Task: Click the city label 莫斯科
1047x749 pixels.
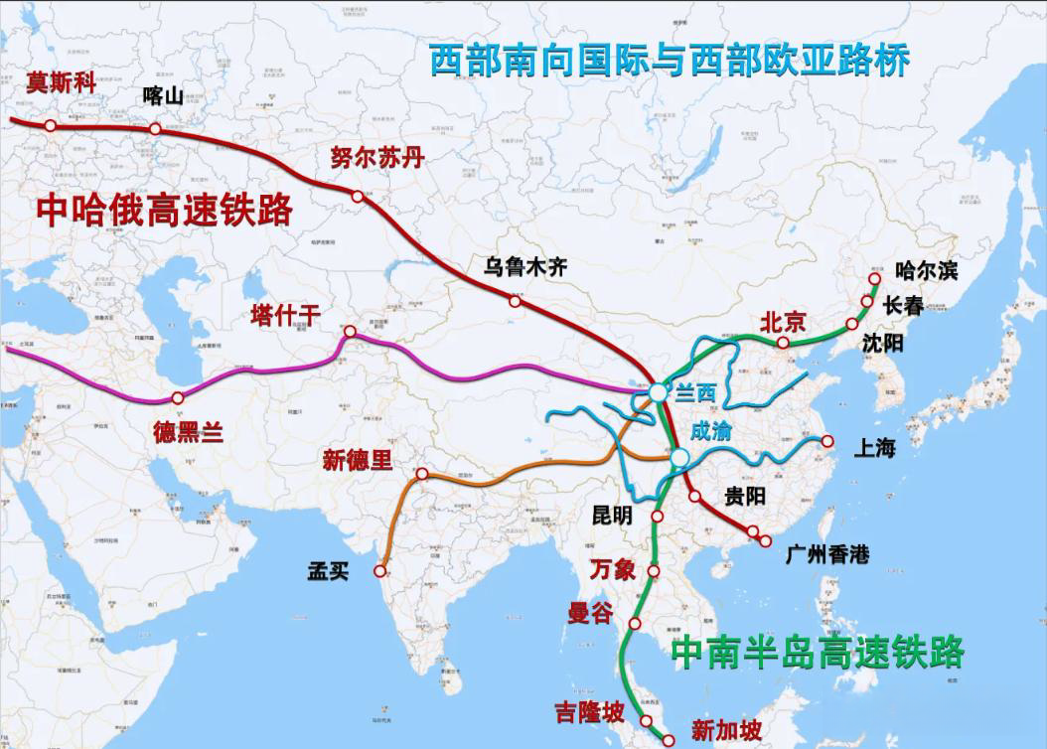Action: click(61, 83)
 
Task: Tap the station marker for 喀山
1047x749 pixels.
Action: click(155, 129)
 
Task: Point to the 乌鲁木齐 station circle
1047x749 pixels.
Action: click(515, 301)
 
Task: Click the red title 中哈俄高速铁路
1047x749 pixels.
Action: click(165, 210)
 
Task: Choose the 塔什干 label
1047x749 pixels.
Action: click(285, 316)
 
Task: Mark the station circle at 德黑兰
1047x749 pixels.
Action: click(177, 398)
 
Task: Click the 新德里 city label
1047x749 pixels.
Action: click(358, 460)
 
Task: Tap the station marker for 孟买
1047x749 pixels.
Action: click(379, 571)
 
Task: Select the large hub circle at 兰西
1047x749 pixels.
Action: click(659, 394)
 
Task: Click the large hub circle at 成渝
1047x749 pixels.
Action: click(678, 457)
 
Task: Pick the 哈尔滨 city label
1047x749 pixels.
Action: click(926, 269)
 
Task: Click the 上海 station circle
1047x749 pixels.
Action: click(825, 440)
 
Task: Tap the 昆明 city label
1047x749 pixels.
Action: click(611, 516)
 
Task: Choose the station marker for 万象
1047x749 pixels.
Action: click(655, 571)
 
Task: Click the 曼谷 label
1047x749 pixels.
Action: click(590, 613)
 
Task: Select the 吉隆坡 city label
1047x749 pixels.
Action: click(590, 712)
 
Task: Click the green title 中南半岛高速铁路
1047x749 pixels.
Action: click(817, 654)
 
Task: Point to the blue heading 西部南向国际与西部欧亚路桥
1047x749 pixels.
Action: click(670, 62)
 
